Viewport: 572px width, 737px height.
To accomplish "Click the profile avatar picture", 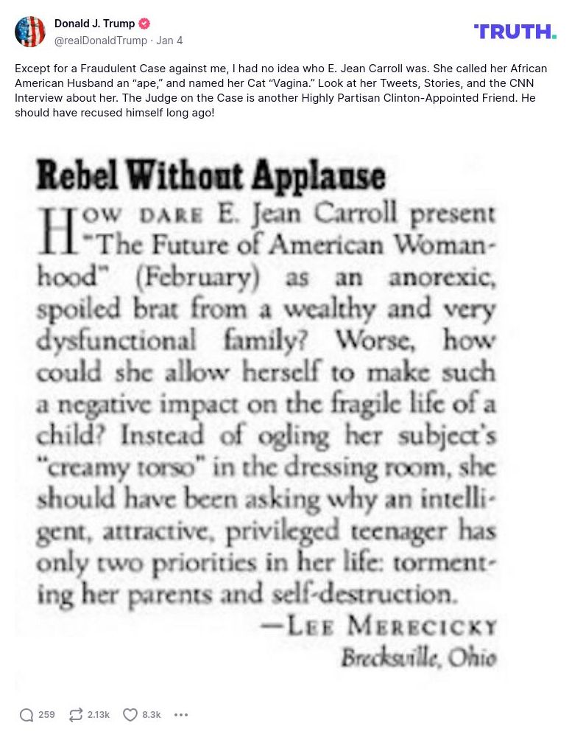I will [30, 32].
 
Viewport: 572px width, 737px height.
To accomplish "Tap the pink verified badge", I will [145, 24].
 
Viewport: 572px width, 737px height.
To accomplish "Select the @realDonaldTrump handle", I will [101, 41].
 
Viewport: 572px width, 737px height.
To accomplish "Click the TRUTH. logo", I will [515, 32].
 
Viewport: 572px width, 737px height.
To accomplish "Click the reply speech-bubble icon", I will [27, 714].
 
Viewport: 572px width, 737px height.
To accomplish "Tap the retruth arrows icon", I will [76, 714].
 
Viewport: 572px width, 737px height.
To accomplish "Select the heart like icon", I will [130, 714].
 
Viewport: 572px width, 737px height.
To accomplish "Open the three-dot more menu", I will [181, 714].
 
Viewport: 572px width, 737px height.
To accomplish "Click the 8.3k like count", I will [152, 714].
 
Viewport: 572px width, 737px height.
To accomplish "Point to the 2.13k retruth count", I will [99, 714].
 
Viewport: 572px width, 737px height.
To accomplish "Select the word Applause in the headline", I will [319, 176].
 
